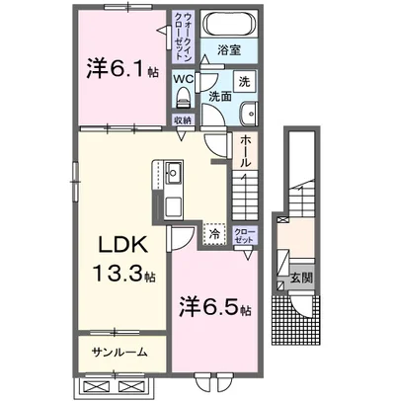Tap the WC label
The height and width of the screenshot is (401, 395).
[x=185, y=79]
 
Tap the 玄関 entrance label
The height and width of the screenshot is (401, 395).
[x=301, y=279]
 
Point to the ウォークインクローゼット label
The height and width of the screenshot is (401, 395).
[x=185, y=40]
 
